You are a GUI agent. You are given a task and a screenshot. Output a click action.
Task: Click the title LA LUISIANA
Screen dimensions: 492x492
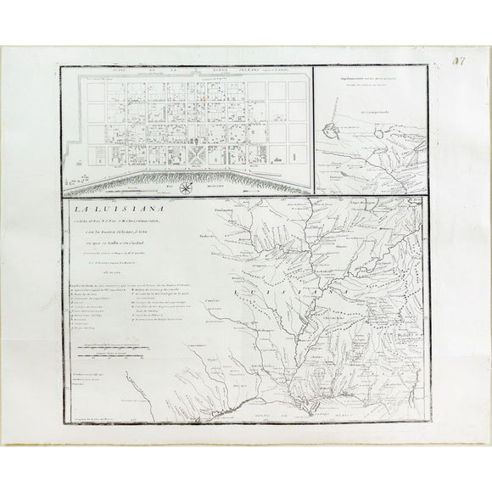107,208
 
